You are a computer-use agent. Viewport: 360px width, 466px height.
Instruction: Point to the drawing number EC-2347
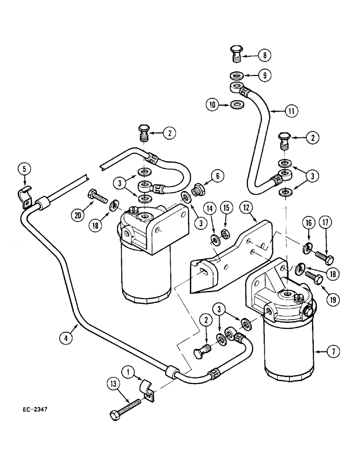click(x=35, y=410)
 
